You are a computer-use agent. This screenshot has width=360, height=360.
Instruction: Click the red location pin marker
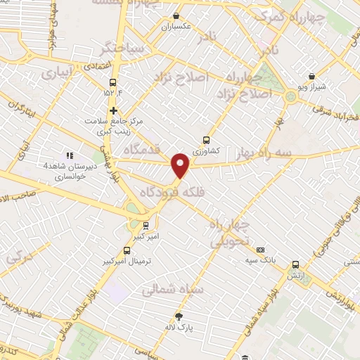pyautogui.click(x=181, y=165)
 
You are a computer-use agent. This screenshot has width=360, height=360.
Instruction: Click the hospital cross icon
pyautogui.click(x=112, y=110)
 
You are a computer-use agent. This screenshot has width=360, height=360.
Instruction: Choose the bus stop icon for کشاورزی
pyautogui.click(x=206, y=139)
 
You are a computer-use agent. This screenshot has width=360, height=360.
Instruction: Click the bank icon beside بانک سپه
pyautogui.click(x=260, y=250)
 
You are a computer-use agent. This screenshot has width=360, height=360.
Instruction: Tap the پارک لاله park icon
pyautogui.click(x=179, y=316)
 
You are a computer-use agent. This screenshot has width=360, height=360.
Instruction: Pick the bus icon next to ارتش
pyautogui.click(x=295, y=265)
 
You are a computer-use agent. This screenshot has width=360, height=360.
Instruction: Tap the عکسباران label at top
pyautogui.click(x=177, y=27)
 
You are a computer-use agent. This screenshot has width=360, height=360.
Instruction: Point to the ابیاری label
pyautogui.click(x=56, y=72)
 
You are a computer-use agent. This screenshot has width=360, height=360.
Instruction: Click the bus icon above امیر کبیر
pyautogui.click(x=145, y=226)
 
